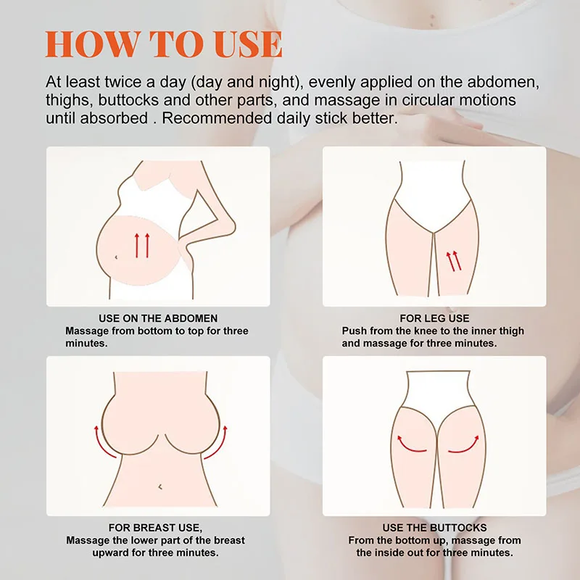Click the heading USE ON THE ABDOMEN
tap(158, 318)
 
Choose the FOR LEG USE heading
tap(434, 318)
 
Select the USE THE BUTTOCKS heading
tap(434, 528)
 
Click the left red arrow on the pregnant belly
tap(136, 246)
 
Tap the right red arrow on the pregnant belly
tap(147, 246)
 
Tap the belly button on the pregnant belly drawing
tap(117, 254)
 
